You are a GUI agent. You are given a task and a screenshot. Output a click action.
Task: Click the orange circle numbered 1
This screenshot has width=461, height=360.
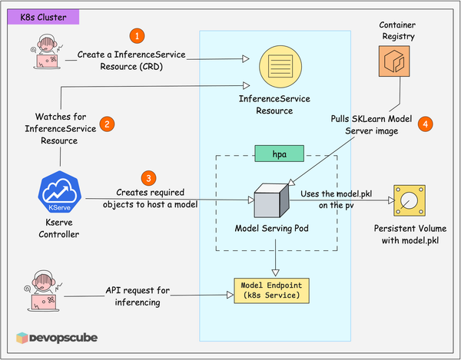[138, 35]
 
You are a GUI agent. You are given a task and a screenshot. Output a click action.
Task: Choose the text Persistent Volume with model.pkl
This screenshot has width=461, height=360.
[411, 234]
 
